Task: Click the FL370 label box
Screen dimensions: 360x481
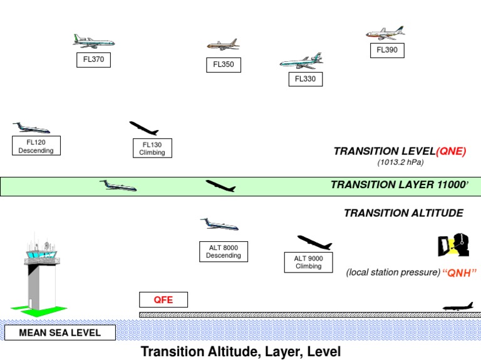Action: tap(93, 60)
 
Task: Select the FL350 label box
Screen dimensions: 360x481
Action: tap(223, 64)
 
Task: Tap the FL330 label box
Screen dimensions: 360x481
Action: tap(306, 79)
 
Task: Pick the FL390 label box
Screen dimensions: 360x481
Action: tap(386, 51)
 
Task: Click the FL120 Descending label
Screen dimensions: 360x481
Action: tap(36, 146)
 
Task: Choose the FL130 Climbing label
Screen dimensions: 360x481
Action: tap(152, 149)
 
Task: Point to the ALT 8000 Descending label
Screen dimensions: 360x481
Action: tap(224, 251)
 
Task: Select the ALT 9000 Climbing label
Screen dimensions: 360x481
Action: tap(308, 262)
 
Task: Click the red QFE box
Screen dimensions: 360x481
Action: tap(164, 300)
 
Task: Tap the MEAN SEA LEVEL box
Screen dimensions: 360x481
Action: tap(60, 332)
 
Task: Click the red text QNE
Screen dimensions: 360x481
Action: tap(451, 151)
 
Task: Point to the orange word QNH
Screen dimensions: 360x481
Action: tap(460, 272)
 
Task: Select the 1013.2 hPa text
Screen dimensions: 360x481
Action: tap(400, 162)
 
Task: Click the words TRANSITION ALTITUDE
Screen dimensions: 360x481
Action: tap(403, 213)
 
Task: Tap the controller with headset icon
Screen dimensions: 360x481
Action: tap(453, 244)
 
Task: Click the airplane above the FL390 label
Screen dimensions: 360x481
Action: tap(385, 33)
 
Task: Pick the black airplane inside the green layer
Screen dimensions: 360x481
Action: tap(220, 186)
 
